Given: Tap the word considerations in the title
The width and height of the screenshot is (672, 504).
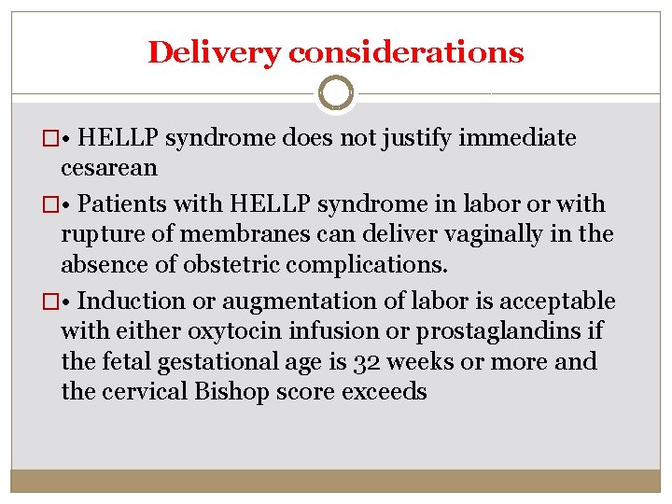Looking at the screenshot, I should (406, 52).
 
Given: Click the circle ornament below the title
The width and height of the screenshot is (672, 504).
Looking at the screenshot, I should (335, 93).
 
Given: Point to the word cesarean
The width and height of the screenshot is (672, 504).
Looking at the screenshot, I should (109, 168).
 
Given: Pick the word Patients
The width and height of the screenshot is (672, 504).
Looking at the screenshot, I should (130, 204).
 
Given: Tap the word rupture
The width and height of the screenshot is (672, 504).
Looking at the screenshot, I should (102, 233).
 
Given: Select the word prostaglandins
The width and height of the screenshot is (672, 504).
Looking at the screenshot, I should (516, 330).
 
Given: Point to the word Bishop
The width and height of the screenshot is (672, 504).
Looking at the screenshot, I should (230, 390).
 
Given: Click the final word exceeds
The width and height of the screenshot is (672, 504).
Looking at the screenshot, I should (385, 390).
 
